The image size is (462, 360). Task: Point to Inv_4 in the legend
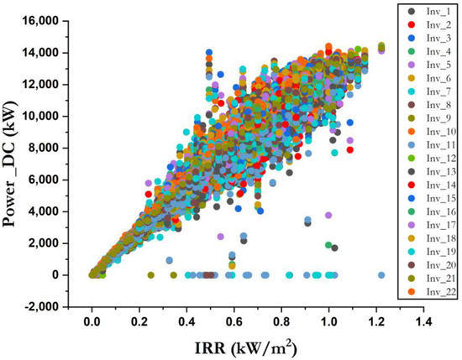click(x=424, y=52)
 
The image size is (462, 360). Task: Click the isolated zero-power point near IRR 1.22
click(x=381, y=274)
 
